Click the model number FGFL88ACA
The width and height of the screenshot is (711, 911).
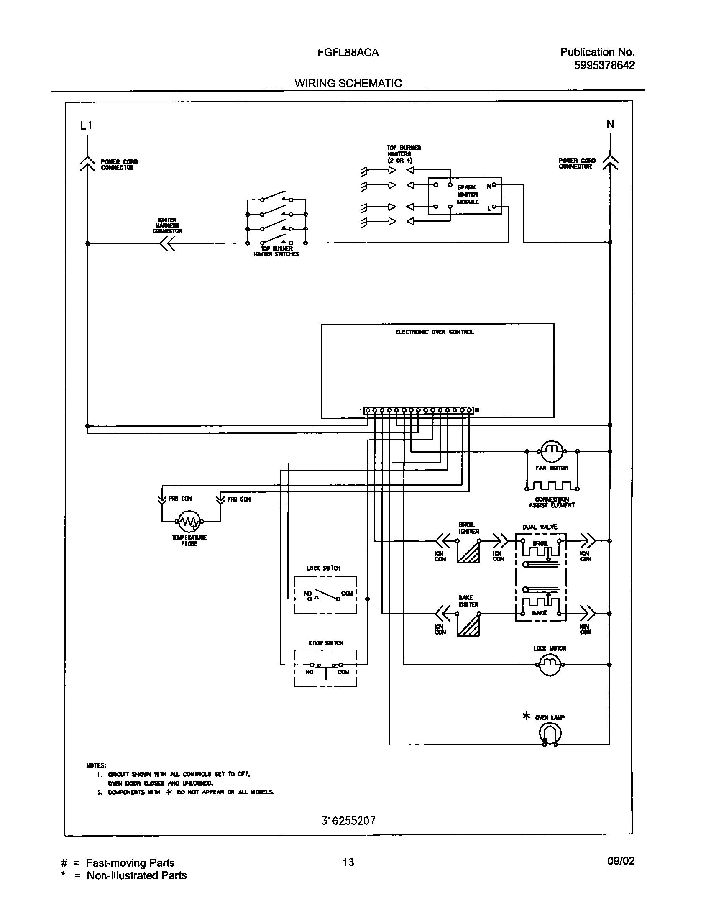point(348,53)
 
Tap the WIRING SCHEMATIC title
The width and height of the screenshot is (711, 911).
point(348,83)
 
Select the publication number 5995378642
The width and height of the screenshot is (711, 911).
point(604,65)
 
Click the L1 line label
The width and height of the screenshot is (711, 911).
point(86,125)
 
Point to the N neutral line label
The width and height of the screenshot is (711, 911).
point(610,124)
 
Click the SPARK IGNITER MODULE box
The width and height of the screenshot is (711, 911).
point(464,195)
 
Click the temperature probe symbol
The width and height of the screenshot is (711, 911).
point(189,521)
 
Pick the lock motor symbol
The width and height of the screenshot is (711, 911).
point(550,664)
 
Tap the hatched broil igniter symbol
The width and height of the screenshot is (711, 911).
point(468,552)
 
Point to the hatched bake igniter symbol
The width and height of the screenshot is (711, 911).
point(468,625)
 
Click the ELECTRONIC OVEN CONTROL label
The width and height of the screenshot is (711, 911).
point(435,332)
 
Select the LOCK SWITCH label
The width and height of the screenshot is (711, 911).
point(323,568)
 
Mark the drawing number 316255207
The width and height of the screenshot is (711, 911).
point(348,821)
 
